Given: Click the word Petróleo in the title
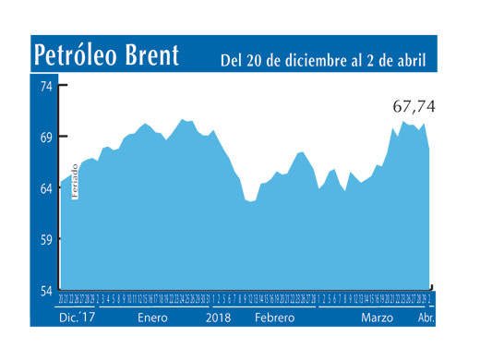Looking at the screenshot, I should coord(81,55).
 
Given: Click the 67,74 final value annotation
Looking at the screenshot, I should coord(413,107).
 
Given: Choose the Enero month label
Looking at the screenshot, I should coord(153,317).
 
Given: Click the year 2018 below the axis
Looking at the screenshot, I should coord(218,317).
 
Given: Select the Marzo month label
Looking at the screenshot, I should coord(377,317).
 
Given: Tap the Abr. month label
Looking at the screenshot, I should coord(426,317).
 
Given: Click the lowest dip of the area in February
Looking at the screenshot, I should coord(252,201).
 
